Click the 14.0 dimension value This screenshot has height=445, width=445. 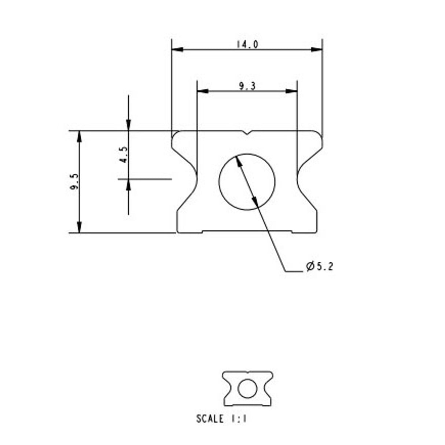[x=247, y=45]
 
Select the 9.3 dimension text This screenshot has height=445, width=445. [x=247, y=87]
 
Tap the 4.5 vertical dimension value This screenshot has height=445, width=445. [x=124, y=154]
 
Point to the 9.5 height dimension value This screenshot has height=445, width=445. [x=74, y=182]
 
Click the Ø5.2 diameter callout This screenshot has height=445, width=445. [x=319, y=267]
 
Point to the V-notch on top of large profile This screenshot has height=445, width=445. [x=247, y=133]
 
